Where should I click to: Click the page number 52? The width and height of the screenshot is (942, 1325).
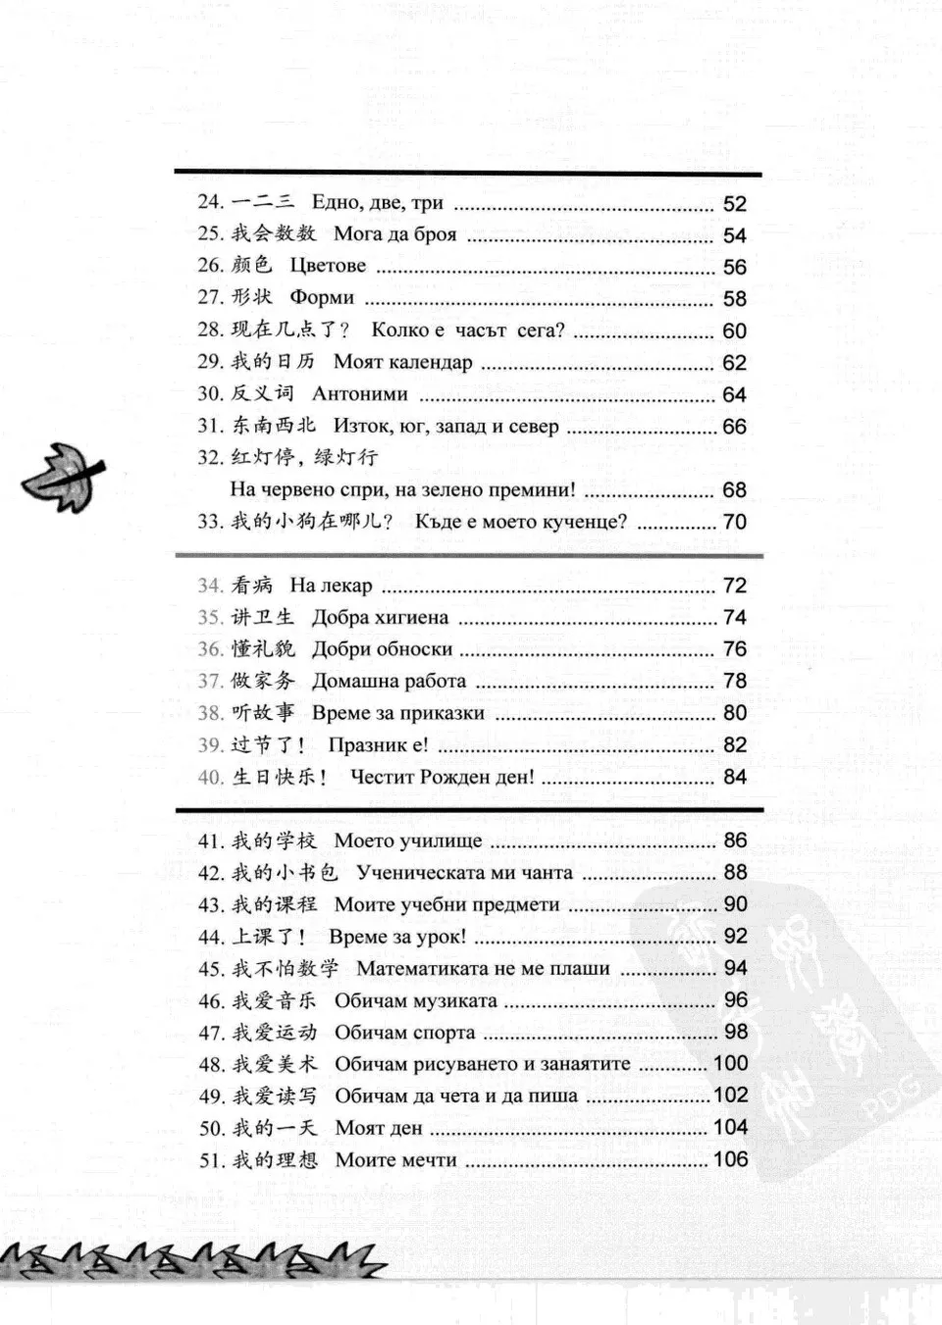[734, 204]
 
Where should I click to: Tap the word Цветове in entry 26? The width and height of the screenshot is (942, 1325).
[328, 266]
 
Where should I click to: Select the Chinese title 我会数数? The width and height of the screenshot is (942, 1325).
[274, 233]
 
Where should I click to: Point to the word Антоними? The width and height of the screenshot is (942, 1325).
[359, 394]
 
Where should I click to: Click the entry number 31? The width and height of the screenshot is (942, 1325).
[211, 426]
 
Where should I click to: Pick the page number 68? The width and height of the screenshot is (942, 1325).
[734, 489]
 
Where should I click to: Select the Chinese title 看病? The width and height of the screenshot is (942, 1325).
[252, 586]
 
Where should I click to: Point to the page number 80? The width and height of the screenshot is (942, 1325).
[734, 713]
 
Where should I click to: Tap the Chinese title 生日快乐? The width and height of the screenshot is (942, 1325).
[274, 777]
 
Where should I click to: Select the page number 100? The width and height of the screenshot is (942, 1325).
[730, 1063]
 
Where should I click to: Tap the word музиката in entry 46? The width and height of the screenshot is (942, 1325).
[454, 1001]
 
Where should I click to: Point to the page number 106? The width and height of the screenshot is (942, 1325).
[730, 1159]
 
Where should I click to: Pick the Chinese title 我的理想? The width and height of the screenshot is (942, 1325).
[275, 1160]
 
